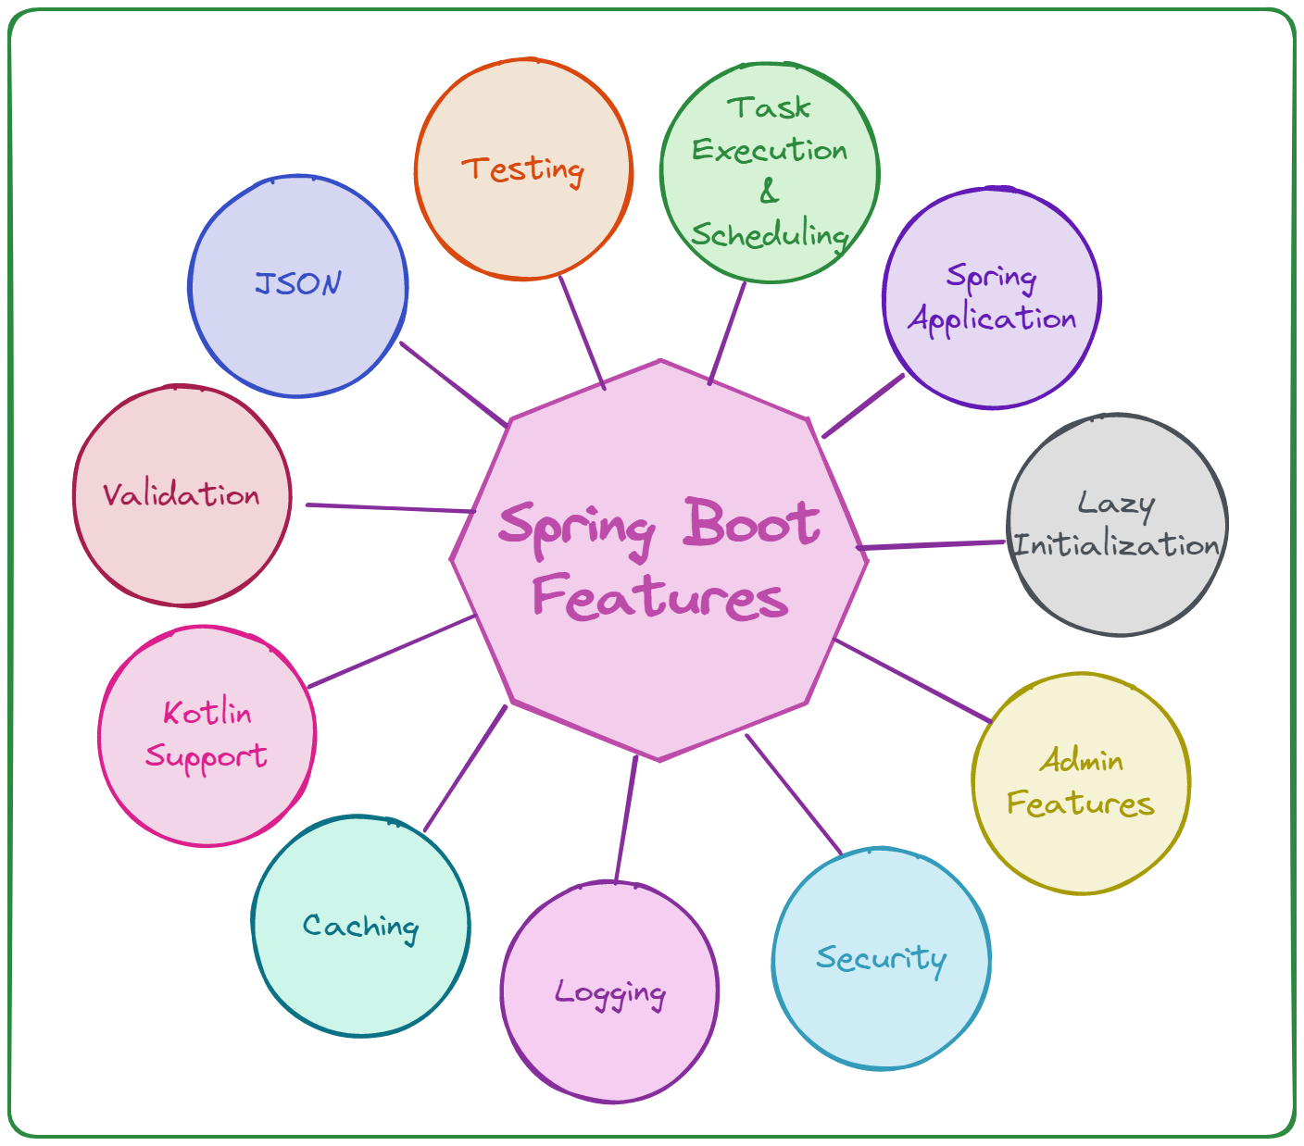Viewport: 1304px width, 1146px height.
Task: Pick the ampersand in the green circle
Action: (769, 192)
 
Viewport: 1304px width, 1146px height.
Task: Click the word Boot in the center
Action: (752, 523)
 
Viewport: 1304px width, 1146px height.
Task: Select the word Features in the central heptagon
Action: (660, 597)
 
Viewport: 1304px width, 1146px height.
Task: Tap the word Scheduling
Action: (770, 235)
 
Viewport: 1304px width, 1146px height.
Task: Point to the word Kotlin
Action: (207, 713)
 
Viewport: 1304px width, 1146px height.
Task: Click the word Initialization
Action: (1116, 544)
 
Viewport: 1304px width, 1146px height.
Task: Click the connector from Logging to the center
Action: (626, 819)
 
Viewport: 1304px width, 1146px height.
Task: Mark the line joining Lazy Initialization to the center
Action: (931, 545)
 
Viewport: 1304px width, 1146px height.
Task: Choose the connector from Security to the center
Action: (794, 794)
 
